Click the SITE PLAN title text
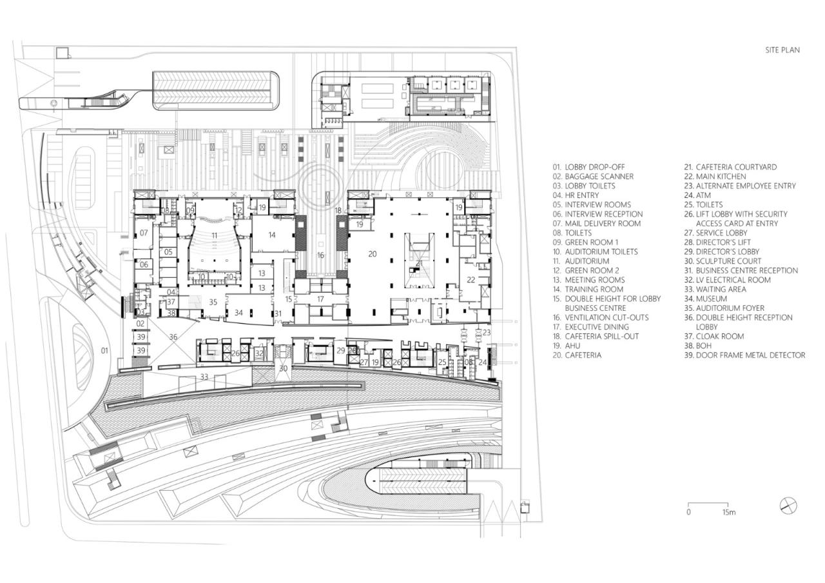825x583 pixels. tap(782, 50)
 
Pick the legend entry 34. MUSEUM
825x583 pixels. tap(706, 299)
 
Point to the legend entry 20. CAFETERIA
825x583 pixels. tap(577, 355)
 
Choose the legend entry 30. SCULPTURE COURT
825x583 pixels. tap(723, 261)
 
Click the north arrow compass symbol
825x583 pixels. tap(788, 506)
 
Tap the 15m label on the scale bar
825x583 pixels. tap(729, 512)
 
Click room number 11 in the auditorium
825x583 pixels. tap(215, 235)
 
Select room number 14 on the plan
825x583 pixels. tap(272, 235)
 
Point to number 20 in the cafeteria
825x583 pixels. tap(373, 253)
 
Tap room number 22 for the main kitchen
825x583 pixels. tap(471, 280)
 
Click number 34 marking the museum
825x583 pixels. tap(238, 313)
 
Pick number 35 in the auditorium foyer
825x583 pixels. tap(213, 302)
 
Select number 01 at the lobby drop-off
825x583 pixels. tap(104, 350)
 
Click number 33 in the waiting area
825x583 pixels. tap(204, 377)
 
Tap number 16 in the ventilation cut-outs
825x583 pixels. tap(320, 255)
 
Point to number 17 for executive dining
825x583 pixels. tap(320, 299)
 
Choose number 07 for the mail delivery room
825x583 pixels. tap(144, 233)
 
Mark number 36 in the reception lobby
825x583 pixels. tap(173, 337)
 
